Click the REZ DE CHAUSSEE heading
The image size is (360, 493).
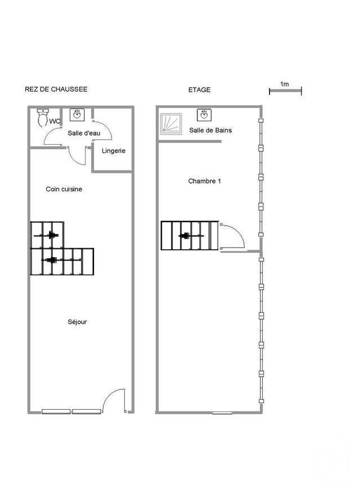coord(56,89)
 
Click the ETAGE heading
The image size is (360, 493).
coord(199,89)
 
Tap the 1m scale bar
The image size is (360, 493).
coord(285,89)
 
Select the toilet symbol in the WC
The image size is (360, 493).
coord(42,118)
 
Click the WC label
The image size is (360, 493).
coord(55,121)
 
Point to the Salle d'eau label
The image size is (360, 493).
coord(84,133)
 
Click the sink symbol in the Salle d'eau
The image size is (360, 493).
coord(76,115)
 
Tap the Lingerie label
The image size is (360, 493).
coord(114,151)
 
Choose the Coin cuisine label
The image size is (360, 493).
coord(64,189)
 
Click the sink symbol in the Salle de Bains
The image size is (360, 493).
coord(204,115)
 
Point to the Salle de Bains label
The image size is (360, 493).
coord(210,130)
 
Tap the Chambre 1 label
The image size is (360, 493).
coord(204,181)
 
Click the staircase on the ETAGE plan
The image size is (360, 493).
coord(189,235)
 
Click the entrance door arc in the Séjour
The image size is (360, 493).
coord(115,401)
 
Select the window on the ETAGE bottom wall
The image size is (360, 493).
coord(222,413)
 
